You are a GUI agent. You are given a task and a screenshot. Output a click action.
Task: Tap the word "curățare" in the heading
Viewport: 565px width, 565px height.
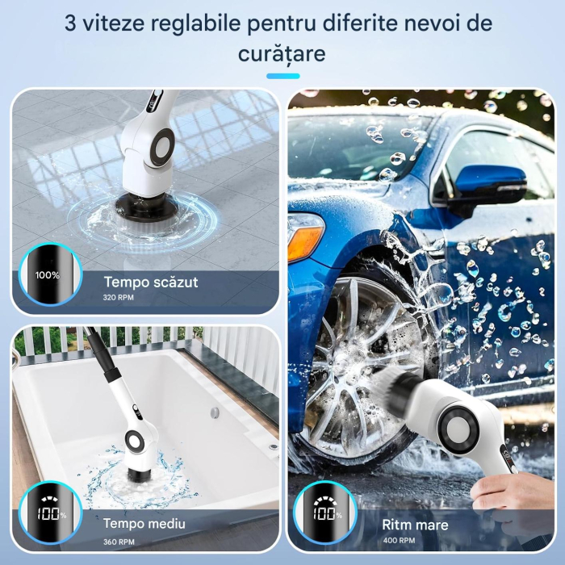point(282,54)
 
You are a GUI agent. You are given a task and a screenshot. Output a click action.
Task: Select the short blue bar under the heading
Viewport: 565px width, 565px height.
point(282,76)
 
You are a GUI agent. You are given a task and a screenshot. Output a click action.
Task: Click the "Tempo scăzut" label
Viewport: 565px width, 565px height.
point(151,282)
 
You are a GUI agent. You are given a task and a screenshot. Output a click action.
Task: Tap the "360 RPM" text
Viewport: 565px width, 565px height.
point(119,542)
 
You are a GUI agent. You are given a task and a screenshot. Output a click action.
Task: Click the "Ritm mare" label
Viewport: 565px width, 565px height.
point(414,524)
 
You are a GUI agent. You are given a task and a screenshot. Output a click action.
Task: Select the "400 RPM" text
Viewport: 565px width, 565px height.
point(398,542)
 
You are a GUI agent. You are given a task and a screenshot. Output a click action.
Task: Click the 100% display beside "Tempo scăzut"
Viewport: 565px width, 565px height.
point(48,275)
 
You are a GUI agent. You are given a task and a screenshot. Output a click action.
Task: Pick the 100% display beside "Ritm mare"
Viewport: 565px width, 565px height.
point(325,514)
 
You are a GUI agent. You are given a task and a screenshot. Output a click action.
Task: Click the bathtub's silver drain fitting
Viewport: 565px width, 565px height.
point(216,412)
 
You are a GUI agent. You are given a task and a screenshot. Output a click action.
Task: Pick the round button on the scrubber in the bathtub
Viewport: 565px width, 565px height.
point(134,439)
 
